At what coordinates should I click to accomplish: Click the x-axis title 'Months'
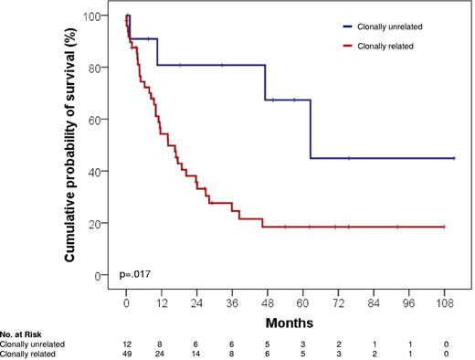(290, 322)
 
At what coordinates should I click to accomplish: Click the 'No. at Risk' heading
(23, 335)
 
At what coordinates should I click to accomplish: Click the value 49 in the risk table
(126, 354)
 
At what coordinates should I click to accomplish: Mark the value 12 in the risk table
(126, 344)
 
